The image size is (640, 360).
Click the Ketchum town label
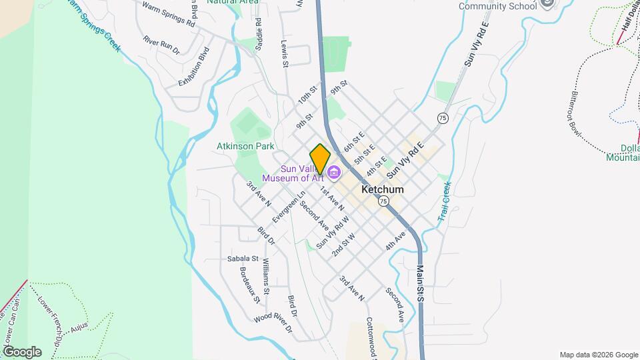click(x=382, y=189)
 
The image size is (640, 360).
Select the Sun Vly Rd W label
click(x=333, y=235)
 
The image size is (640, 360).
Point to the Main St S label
click(x=420, y=284)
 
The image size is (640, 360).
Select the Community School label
click(x=497, y=7)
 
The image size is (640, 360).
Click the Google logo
click(x=22, y=351)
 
